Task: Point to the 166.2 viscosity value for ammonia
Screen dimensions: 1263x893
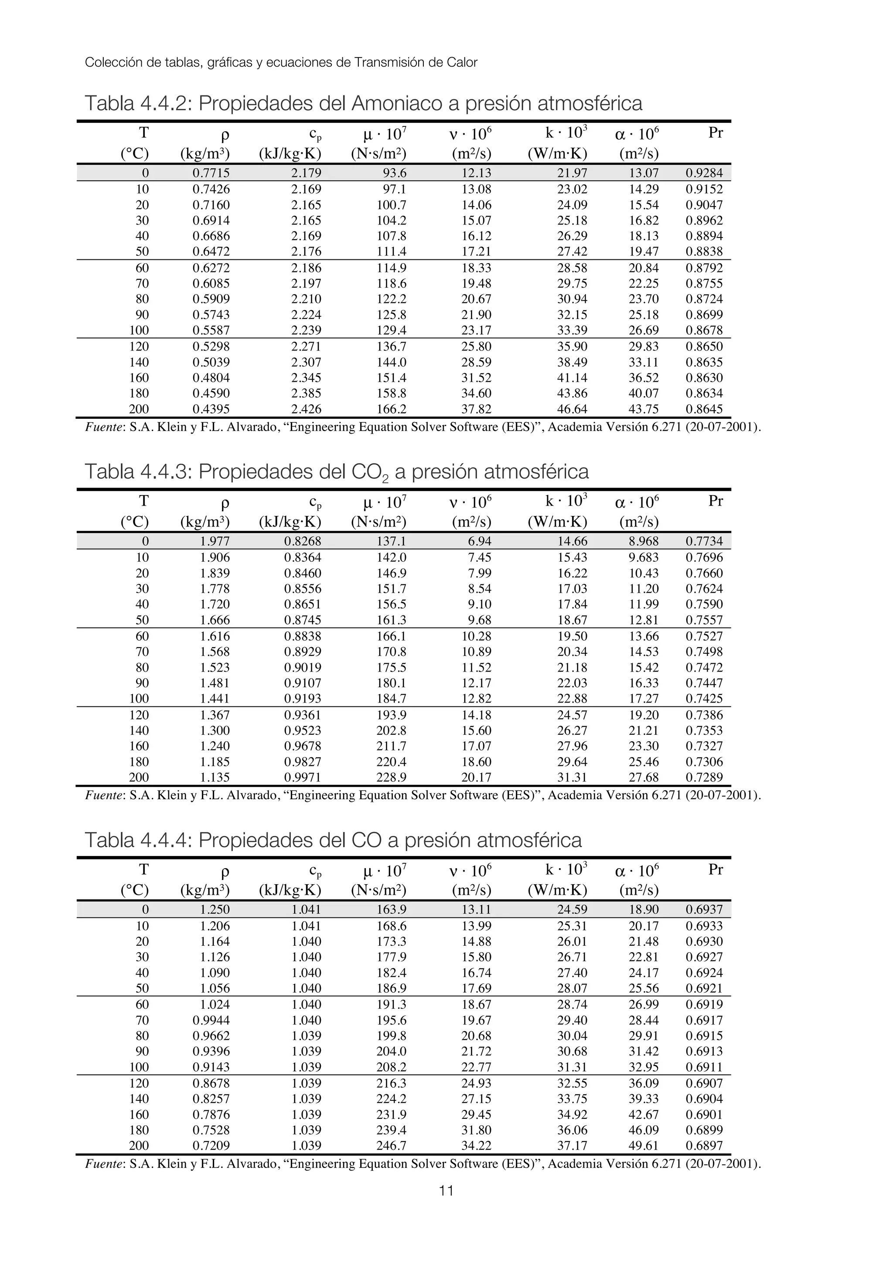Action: point(391,409)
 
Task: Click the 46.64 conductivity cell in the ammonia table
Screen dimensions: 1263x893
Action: point(572,409)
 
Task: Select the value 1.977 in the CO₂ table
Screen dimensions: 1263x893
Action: point(215,541)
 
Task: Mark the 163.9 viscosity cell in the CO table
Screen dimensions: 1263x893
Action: point(391,910)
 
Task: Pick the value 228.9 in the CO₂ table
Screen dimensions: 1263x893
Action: point(391,778)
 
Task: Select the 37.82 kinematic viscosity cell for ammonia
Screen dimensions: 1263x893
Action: point(476,409)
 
